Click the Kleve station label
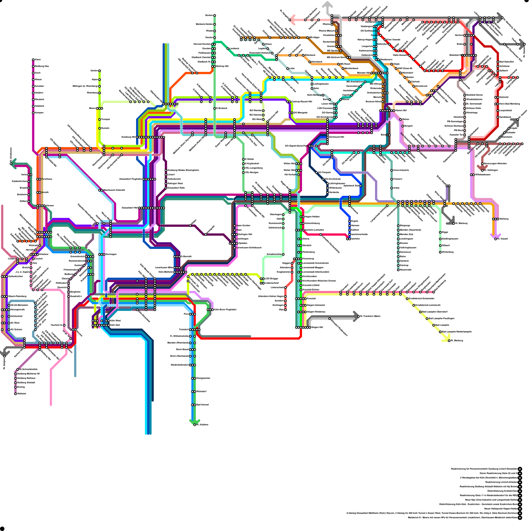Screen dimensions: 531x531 coord(38,60)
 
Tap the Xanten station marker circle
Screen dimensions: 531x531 coord(99,71)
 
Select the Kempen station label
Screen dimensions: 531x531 coord(39,113)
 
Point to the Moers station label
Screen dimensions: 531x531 coord(92,108)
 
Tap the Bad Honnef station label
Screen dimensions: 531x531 coord(202,405)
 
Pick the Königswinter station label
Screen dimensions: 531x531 coord(203,378)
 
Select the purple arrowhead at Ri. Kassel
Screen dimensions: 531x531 coord(493,236)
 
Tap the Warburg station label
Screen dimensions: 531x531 coord(504,219)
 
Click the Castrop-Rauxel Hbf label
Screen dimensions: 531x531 coord(302,102)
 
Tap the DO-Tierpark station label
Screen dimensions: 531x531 coord(325,173)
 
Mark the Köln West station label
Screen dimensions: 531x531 coord(115,321)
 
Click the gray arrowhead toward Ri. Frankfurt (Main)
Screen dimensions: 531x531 coord(356,316)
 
